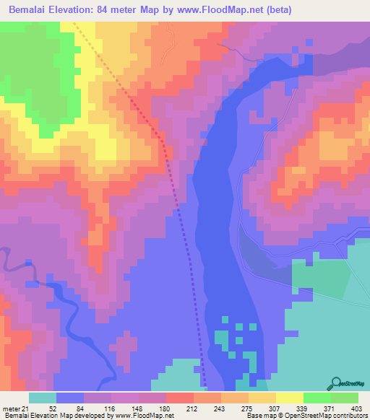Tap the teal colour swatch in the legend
42,398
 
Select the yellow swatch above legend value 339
290,398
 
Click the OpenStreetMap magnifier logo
335,383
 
